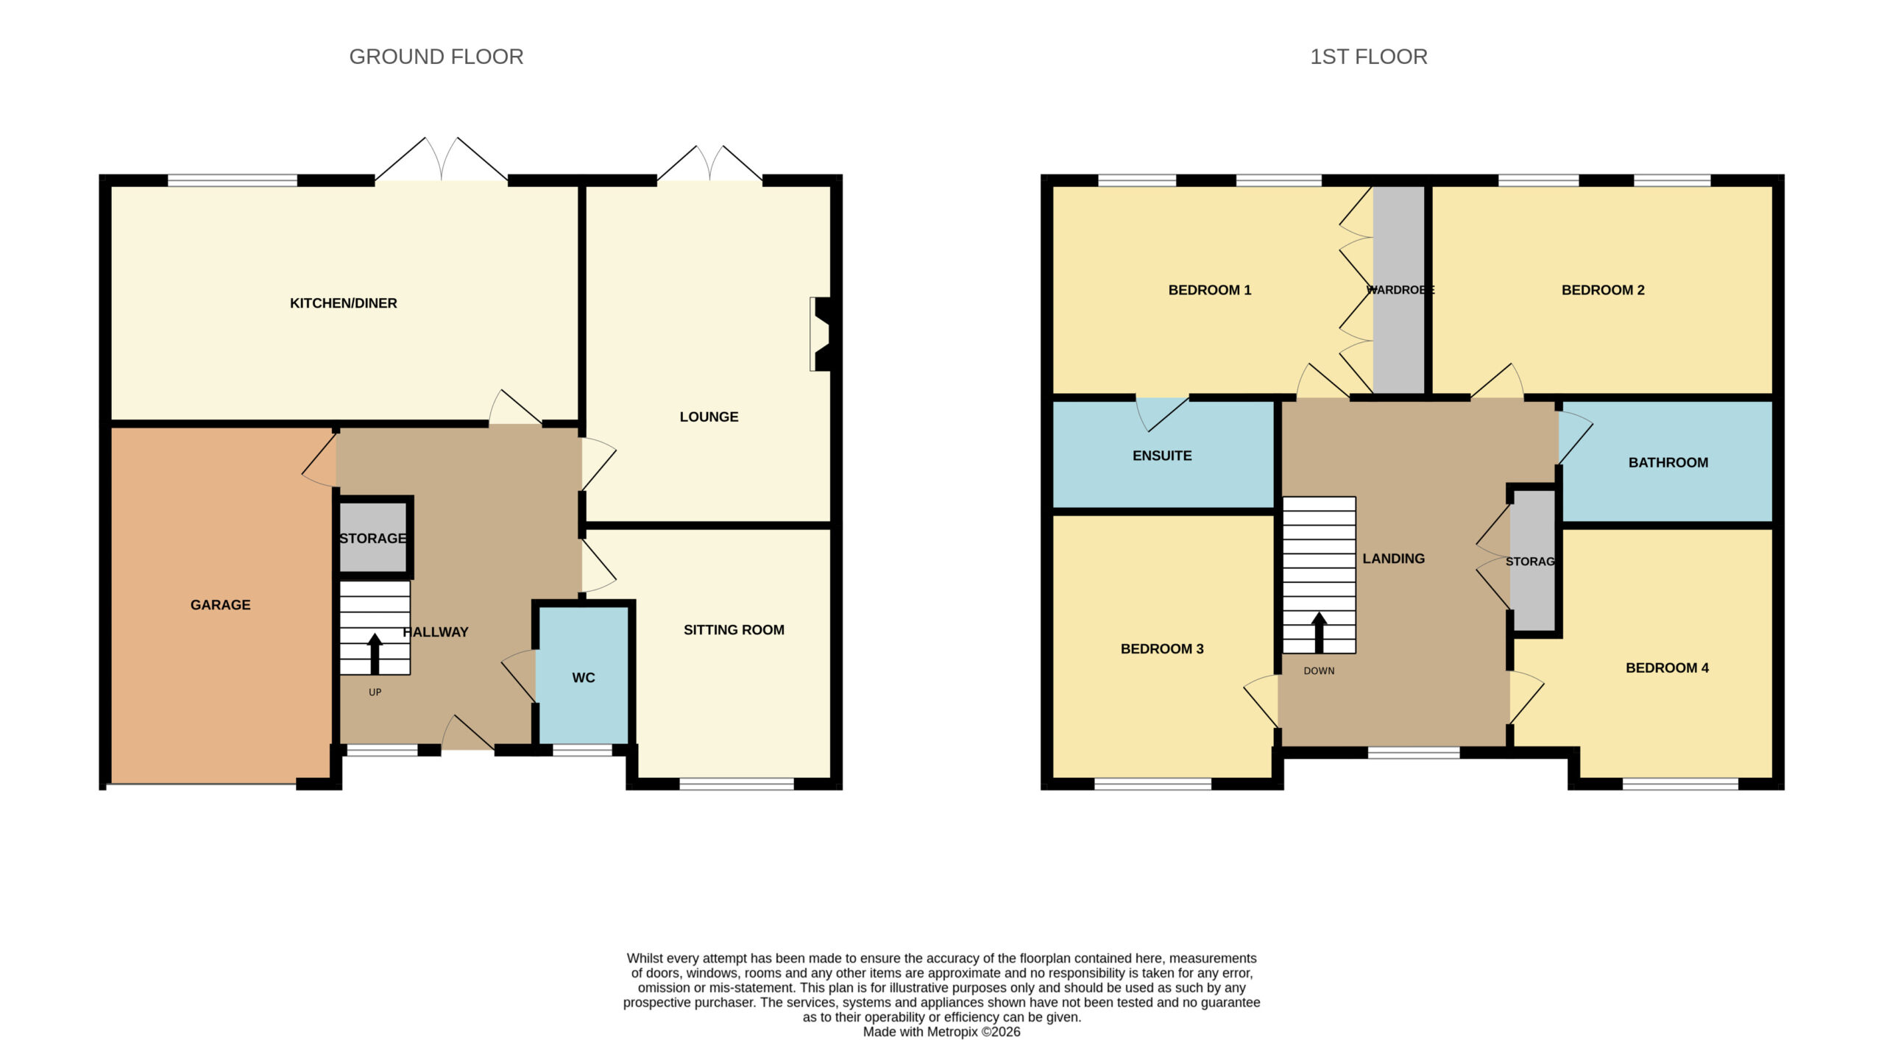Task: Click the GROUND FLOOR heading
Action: point(436,57)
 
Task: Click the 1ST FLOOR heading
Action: point(1368,57)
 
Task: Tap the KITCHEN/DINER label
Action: point(343,303)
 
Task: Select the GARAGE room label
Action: point(220,605)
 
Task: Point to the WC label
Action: point(584,678)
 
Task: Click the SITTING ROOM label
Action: point(734,630)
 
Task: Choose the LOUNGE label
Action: point(709,417)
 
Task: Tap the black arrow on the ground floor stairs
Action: point(375,654)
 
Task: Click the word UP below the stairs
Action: point(375,692)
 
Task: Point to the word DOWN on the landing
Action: point(1319,671)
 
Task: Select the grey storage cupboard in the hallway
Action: point(373,537)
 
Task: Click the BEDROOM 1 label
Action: point(1209,290)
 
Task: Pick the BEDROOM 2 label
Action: point(1603,290)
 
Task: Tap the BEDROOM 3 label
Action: point(1162,649)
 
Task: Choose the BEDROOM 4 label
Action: point(1667,668)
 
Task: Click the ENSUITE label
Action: point(1162,456)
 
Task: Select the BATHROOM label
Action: point(1668,463)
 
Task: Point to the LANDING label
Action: point(1393,559)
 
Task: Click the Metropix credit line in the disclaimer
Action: point(941,1032)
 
